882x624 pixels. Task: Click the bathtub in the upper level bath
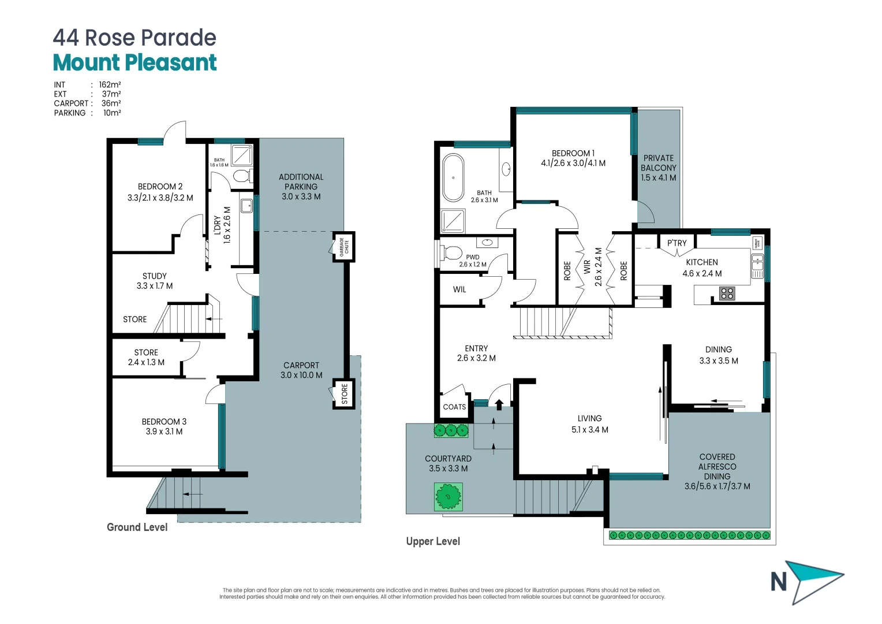[x=453, y=177]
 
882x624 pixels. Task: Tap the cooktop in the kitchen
[x=727, y=293]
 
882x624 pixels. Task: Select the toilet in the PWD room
[x=452, y=252]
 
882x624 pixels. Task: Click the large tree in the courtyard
[x=448, y=496]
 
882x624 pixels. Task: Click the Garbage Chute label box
[x=343, y=247]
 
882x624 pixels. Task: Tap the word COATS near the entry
[x=454, y=407]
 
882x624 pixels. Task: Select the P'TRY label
[x=677, y=243]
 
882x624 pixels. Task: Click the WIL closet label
[x=459, y=289]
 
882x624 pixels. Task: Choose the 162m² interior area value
[x=110, y=84]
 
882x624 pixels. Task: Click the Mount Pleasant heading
[x=134, y=62]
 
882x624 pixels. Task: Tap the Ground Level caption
[x=137, y=527]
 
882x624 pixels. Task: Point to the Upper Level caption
[x=433, y=541]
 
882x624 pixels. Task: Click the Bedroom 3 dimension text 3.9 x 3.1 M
[x=164, y=432]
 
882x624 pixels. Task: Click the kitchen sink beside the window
[x=757, y=266]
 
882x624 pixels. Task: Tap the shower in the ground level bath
[x=242, y=155]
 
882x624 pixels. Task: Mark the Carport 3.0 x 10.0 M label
[x=301, y=370]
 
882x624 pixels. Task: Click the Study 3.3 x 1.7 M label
[x=155, y=281]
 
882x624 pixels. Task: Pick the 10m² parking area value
[x=112, y=113]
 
